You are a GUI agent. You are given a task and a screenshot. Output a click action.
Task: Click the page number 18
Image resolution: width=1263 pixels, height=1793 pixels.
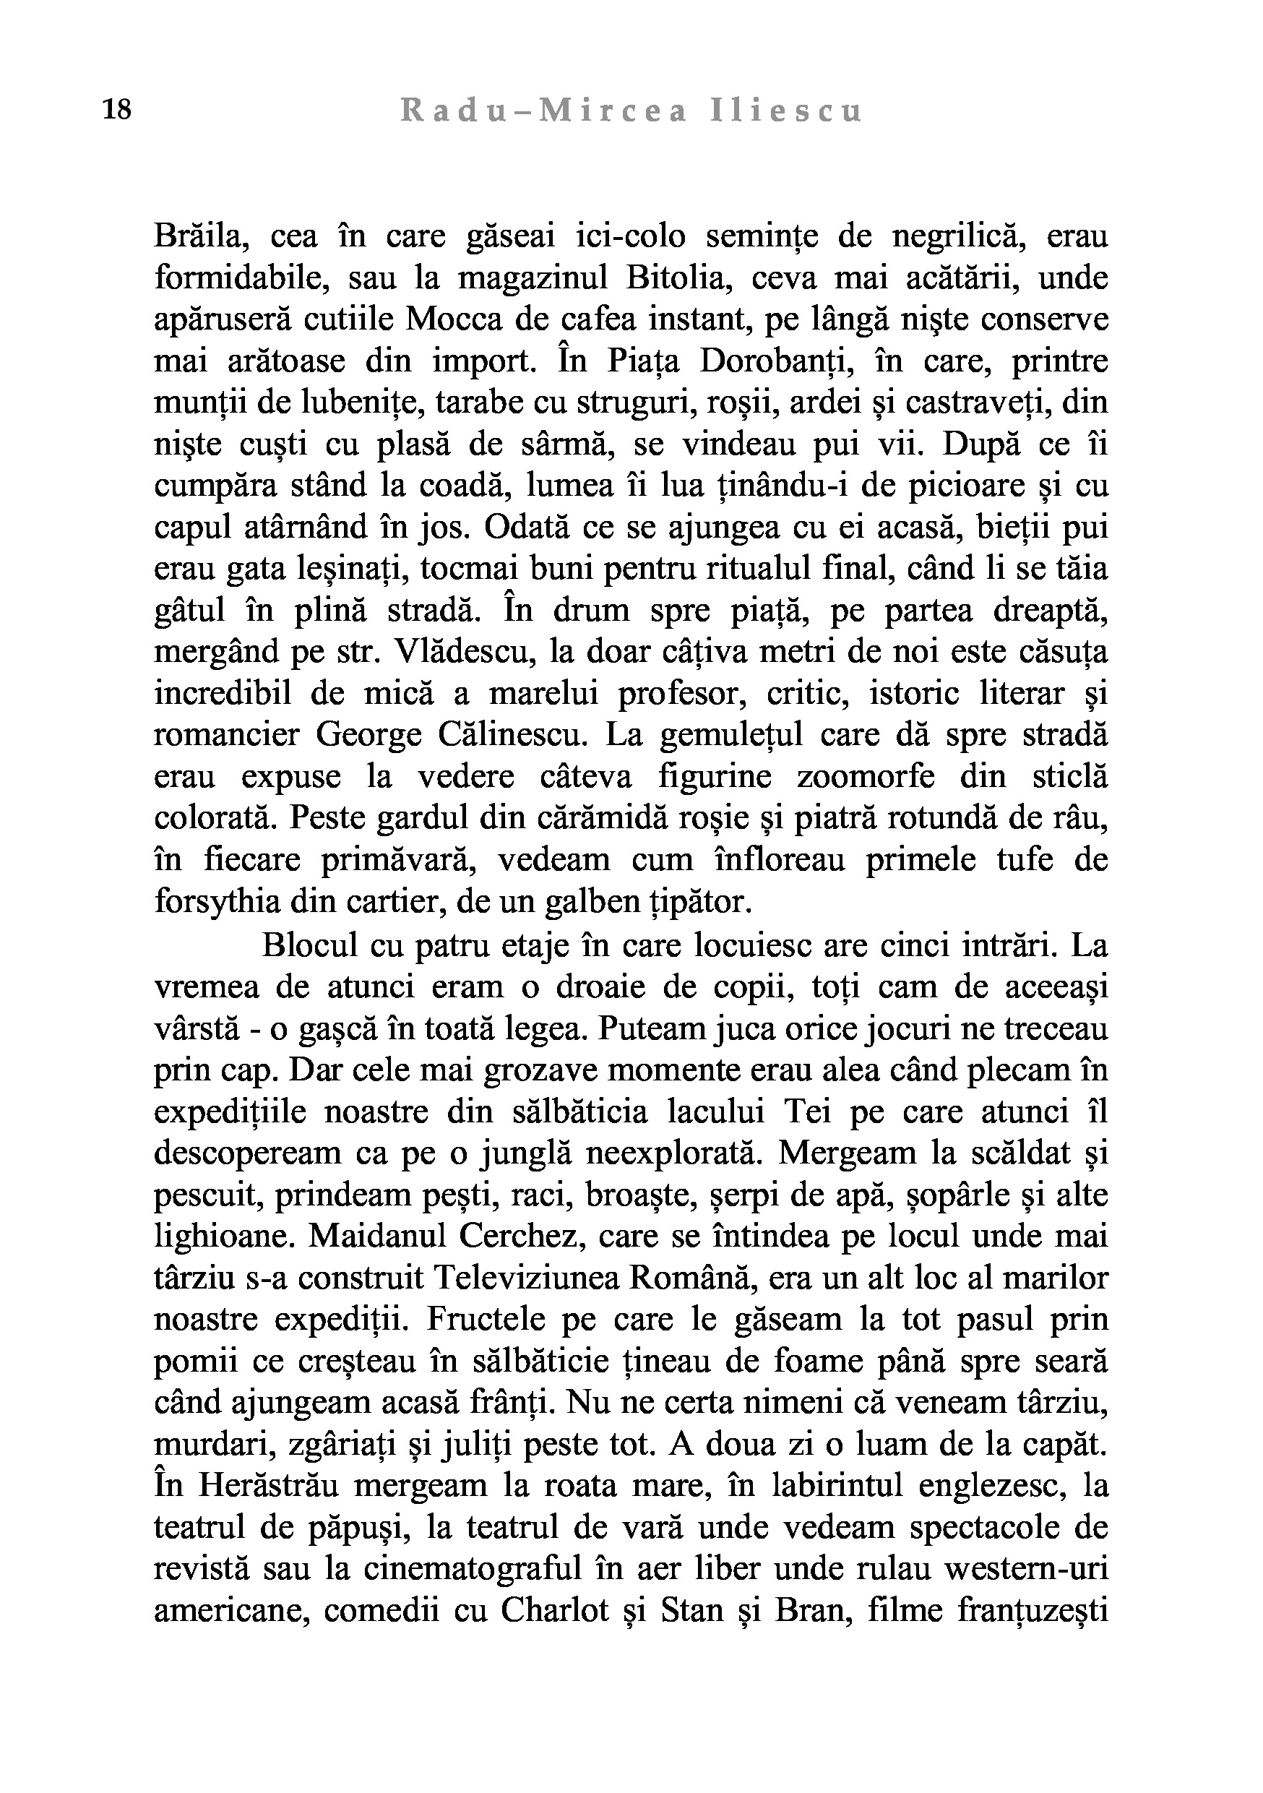[x=117, y=110]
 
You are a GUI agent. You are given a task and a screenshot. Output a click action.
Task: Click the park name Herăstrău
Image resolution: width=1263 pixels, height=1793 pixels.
[x=267, y=1485]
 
